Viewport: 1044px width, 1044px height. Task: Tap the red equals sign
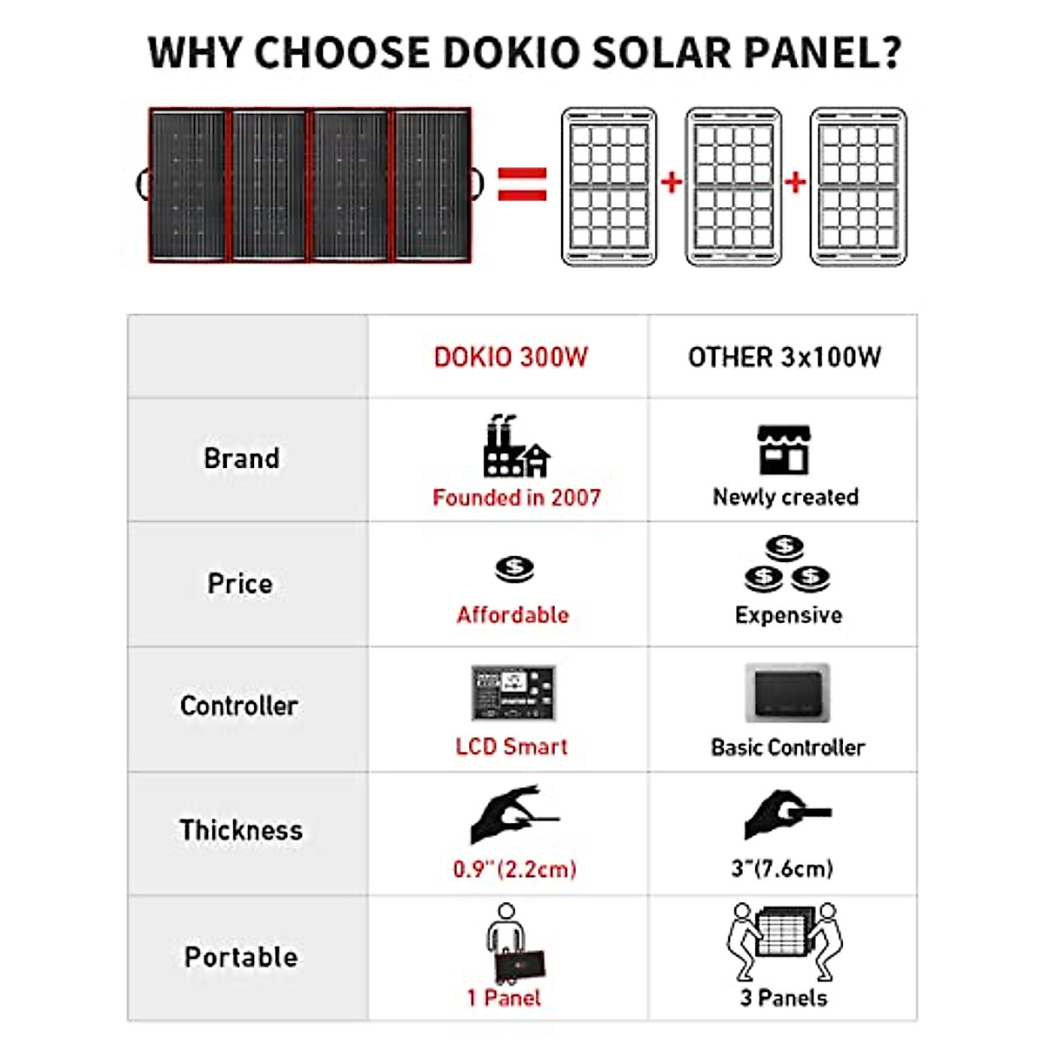pos(522,184)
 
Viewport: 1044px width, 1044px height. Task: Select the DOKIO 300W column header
pos(511,358)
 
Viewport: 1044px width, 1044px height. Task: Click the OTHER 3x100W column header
pos(784,358)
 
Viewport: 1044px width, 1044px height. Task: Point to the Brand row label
pos(242,458)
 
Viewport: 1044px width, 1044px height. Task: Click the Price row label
pos(240,584)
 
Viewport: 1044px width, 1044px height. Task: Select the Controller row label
pos(239,706)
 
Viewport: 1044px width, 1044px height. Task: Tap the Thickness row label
pos(241,830)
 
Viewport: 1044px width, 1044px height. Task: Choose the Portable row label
pos(241,957)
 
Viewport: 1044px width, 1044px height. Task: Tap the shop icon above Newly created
pos(784,450)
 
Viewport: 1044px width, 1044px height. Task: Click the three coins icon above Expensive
pos(787,564)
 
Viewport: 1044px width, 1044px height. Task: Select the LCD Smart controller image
pos(513,693)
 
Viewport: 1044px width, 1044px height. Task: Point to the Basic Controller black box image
pos(787,693)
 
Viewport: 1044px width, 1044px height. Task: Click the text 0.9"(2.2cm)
pos(514,869)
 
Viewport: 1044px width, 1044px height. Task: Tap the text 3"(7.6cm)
pos(782,868)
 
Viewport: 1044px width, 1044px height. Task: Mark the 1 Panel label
pos(504,998)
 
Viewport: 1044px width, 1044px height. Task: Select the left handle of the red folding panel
pos(143,184)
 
